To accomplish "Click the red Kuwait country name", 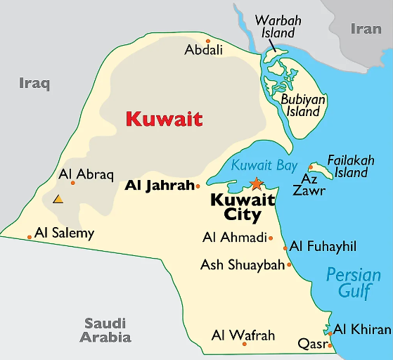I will [x=164, y=118].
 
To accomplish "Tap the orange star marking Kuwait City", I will [x=256, y=184].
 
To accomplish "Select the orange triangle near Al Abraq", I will [x=58, y=199].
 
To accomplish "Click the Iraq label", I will [x=34, y=84].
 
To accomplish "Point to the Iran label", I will [x=366, y=29].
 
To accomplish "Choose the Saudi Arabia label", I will [x=105, y=330].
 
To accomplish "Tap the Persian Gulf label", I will [x=353, y=283].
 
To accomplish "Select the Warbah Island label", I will [x=278, y=27].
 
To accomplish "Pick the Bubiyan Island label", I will [x=303, y=105].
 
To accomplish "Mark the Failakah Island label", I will [x=351, y=166].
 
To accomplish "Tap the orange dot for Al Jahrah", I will [x=198, y=186].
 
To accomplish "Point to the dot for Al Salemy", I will [x=30, y=237].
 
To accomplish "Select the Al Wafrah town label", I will [x=243, y=335].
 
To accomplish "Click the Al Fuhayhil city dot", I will [x=285, y=247].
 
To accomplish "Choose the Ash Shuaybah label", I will [x=243, y=265].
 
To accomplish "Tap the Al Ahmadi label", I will [x=235, y=238].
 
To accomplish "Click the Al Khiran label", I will [x=362, y=329].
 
